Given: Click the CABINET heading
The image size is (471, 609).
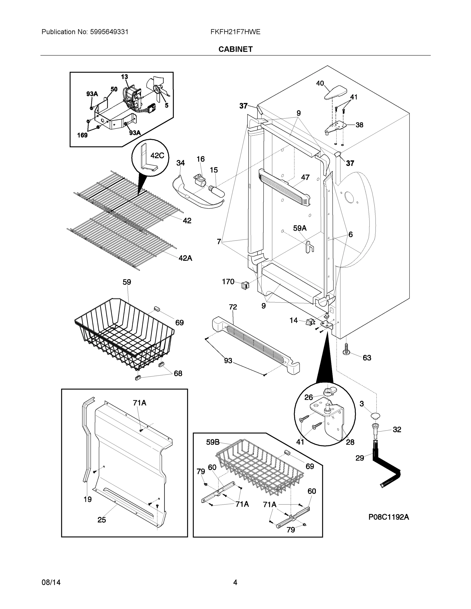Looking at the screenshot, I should [235, 49].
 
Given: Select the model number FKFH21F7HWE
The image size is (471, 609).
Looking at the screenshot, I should [235, 32].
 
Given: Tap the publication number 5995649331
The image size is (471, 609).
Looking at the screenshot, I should [109, 32].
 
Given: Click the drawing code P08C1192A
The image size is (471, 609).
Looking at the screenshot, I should [388, 517].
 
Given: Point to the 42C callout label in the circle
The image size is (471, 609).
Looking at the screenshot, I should [157, 156].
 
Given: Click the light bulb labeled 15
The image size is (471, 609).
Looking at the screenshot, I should [217, 191].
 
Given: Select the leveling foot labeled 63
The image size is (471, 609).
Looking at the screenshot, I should [346, 350].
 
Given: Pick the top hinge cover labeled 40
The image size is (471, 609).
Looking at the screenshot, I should [336, 93].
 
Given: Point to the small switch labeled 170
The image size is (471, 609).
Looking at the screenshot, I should [245, 285].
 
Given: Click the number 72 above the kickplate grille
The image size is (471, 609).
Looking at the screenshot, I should [233, 307].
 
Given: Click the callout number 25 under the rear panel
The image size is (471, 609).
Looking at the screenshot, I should [102, 520].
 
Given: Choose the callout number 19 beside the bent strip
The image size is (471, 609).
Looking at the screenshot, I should [88, 499].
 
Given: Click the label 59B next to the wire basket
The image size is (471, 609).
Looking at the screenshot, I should [213, 442].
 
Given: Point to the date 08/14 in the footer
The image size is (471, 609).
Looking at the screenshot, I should [51, 582].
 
